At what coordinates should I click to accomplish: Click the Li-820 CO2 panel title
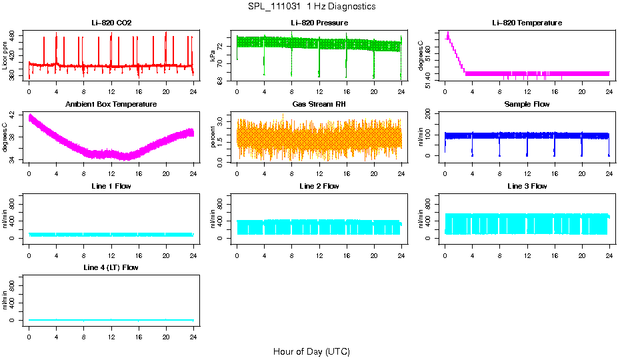111,23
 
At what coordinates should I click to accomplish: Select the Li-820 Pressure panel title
319,23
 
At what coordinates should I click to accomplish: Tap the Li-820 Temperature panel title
527,23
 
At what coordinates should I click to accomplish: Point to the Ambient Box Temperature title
111,105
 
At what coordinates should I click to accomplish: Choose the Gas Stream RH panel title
319,105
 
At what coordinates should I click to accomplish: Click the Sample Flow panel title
527,105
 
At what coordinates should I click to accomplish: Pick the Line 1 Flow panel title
111,186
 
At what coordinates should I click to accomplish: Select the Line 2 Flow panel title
319,186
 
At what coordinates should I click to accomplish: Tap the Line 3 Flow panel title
527,186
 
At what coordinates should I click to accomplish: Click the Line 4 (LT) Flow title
111,267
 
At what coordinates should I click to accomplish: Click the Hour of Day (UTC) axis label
311,351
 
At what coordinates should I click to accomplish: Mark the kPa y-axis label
213,55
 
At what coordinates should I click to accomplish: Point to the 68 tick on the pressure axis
222,80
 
